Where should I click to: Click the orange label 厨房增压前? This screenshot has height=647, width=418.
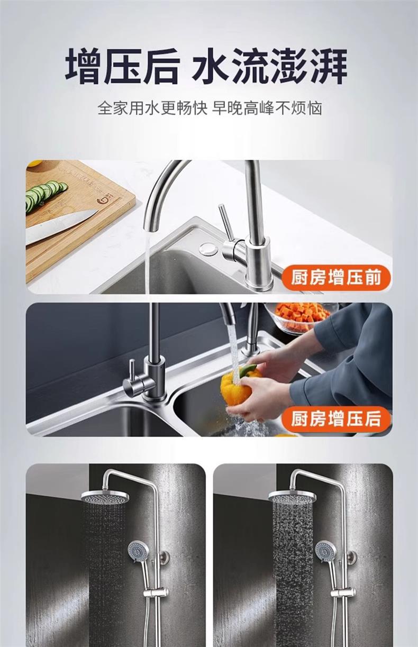coord(335,277)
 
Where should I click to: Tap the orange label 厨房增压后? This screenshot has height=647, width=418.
coord(335,419)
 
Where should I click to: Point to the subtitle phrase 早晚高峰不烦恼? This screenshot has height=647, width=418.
coord(267,108)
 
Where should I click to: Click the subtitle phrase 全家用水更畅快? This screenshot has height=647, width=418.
coord(152,108)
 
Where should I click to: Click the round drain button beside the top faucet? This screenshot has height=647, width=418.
coord(208,248)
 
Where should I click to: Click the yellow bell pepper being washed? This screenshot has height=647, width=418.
coord(240,382)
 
